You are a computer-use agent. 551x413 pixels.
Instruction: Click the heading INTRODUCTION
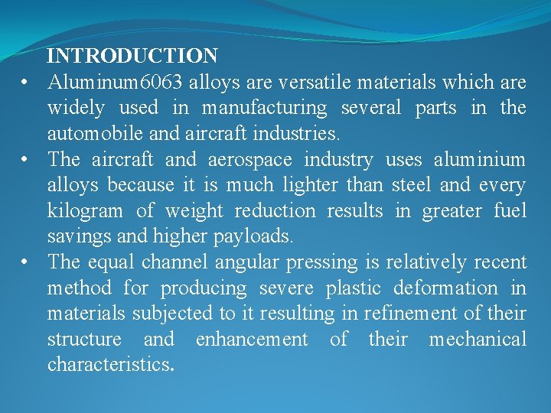(132, 56)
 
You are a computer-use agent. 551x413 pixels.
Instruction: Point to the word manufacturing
(265, 108)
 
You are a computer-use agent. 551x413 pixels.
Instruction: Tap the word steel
(412, 185)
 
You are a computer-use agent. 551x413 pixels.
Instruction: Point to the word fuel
(510, 210)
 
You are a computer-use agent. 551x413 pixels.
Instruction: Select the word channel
(174, 262)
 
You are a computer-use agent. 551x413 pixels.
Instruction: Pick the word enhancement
(252, 339)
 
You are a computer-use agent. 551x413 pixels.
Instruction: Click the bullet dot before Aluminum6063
(26, 82)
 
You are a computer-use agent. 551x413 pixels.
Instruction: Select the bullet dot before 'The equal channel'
(26, 262)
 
